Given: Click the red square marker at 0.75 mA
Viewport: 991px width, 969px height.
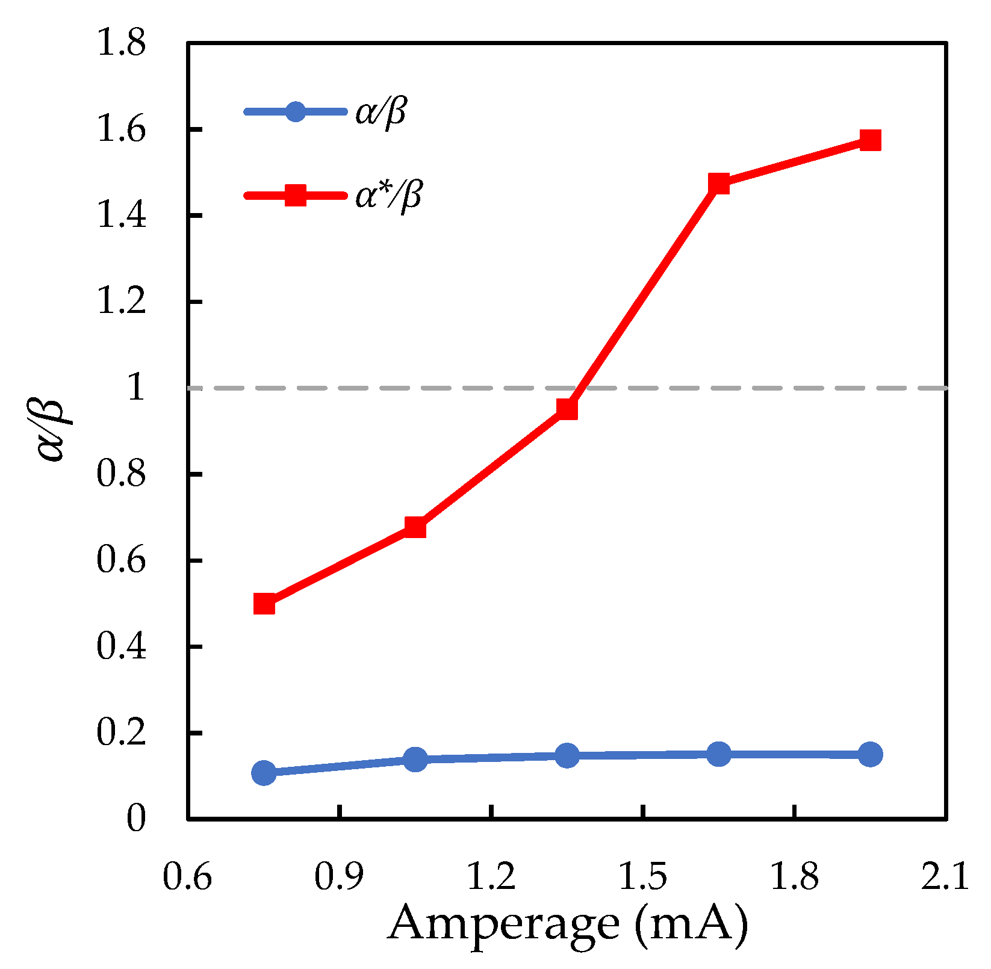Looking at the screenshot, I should (264, 604).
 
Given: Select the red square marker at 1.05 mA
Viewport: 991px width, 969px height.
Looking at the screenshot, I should (415, 527).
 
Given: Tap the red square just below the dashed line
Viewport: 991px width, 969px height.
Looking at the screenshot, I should (567, 409).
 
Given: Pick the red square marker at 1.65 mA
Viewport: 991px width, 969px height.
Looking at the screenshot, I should (719, 184).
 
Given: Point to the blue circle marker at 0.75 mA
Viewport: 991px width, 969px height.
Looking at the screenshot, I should (264, 773).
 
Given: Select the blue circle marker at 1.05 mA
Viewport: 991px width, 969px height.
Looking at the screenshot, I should (415, 759).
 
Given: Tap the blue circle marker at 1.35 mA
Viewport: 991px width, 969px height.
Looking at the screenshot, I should (567, 755).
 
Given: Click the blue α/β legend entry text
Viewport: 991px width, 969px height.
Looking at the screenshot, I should (381, 112).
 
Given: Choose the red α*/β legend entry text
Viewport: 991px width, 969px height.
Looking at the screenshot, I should (388, 196).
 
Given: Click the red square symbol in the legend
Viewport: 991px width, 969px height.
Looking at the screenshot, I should (295, 196).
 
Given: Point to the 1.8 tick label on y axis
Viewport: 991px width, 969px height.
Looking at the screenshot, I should (122, 45).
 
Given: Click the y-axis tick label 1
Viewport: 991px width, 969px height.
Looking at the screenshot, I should (136, 388).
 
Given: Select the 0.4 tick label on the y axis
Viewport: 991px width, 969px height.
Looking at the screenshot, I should (122, 647).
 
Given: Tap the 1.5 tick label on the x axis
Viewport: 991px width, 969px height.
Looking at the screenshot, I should (644, 877).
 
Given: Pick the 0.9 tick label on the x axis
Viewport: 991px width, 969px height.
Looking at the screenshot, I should (340, 877).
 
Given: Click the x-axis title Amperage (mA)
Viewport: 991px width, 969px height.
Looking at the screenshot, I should (568, 924).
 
